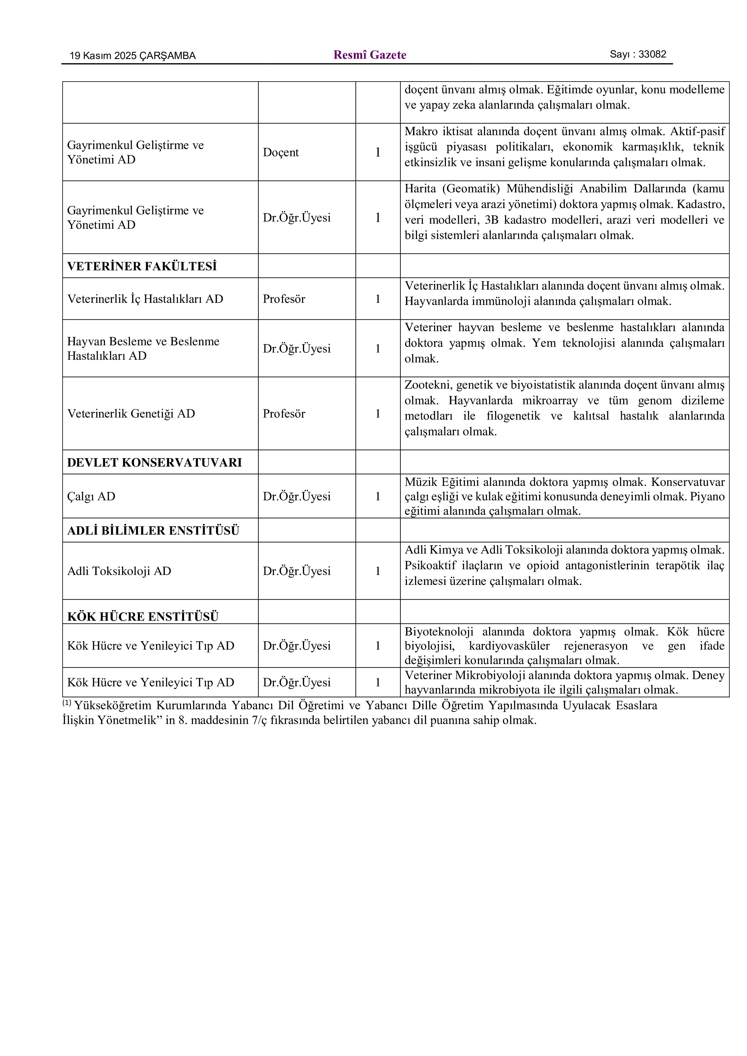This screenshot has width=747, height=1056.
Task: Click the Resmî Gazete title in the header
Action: pyautogui.click(x=369, y=55)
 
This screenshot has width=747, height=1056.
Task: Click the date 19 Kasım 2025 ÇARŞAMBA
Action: pyautogui.click(x=132, y=56)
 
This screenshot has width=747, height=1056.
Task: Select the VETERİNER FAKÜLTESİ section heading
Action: pyautogui.click(x=142, y=266)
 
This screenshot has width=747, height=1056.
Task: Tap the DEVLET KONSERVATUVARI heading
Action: pyautogui.click(x=154, y=463)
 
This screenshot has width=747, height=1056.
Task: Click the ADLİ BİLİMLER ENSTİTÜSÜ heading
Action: pyautogui.click(x=153, y=531)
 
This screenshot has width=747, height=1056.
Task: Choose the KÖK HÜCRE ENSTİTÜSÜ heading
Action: pyautogui.click(x=143, y=617)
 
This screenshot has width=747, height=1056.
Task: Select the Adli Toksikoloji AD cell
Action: pyautogui.click(x=119, y=571)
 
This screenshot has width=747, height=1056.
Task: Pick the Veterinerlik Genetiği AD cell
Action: pyautogui.click(x=131, y=414)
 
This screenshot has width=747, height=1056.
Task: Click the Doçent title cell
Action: pyautogui.click(x=281, y=153)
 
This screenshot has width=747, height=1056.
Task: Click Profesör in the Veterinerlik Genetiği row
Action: pyautogui.click(x=284, y=414)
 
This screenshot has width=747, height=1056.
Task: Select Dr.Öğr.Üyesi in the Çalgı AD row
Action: pyautogui.click(x=297, y=497)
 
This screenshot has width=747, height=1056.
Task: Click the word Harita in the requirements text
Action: pyautogui.click(x=420, y=188)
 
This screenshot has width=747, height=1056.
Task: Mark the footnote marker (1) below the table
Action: pyautogui.click(x=67, y=703)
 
